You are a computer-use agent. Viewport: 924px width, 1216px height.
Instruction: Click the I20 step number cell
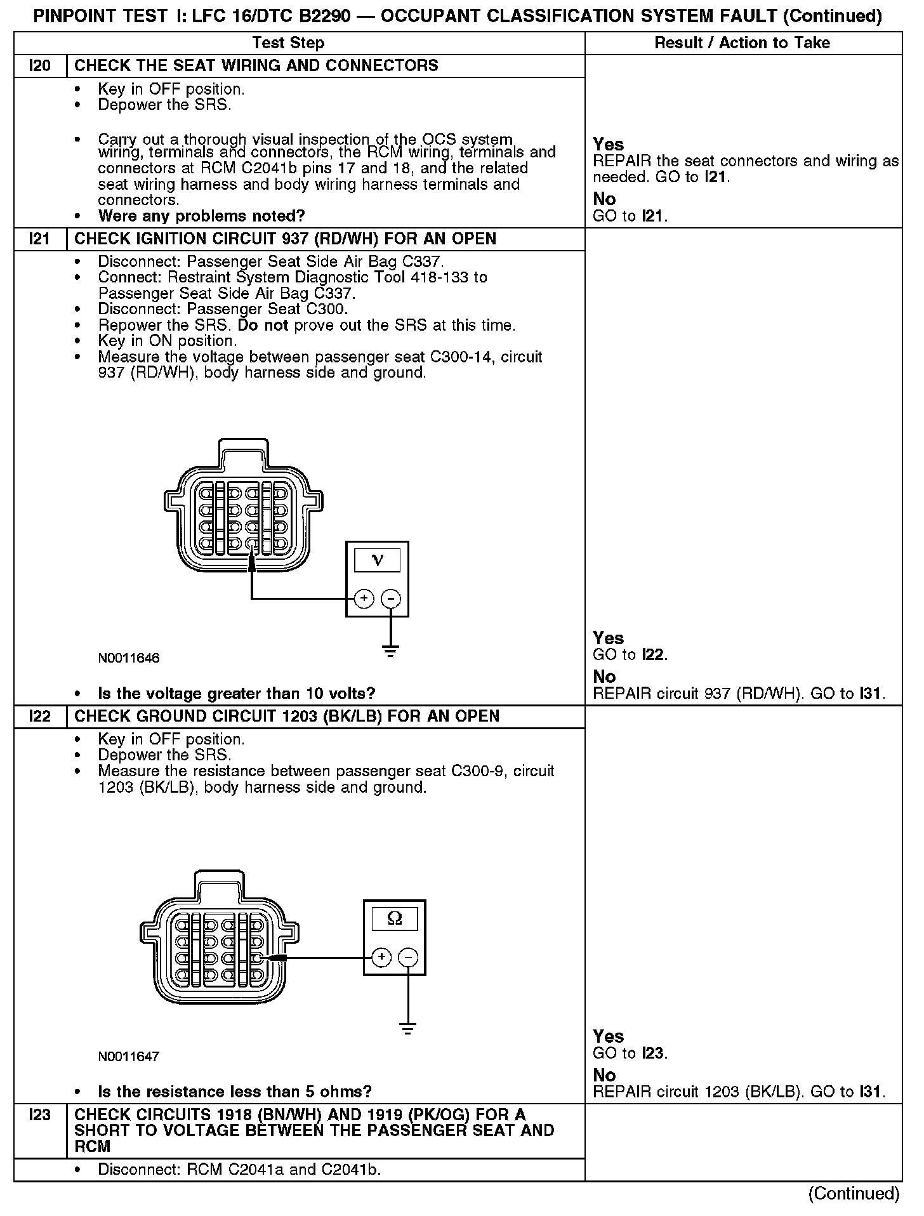40,66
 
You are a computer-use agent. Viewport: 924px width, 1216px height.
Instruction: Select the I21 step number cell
40,239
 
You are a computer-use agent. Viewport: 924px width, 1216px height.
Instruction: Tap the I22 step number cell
40,717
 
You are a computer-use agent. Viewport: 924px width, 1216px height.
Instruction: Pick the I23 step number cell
40,1114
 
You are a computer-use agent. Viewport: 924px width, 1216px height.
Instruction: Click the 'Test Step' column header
288,43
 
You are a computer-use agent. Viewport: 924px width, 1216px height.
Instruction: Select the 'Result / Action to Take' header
742,43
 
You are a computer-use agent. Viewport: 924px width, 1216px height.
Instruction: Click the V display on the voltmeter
377,560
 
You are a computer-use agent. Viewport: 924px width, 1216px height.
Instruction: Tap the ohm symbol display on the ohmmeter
394,918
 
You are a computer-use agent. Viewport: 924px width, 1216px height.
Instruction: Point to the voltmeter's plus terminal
364,598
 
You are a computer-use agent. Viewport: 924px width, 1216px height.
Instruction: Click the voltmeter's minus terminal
391,598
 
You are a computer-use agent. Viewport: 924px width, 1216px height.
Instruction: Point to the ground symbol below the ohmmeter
409,1029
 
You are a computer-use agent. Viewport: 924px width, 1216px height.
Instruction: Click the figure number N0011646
129,658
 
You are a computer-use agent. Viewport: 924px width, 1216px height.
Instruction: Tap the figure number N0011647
129,1057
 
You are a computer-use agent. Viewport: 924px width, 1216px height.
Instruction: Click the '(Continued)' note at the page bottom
854,1194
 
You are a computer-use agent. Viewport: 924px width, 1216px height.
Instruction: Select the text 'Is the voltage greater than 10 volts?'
237,693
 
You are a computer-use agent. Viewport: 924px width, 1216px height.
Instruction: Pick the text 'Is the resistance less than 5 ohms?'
235,1092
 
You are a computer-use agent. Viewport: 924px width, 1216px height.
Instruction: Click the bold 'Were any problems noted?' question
202,216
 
